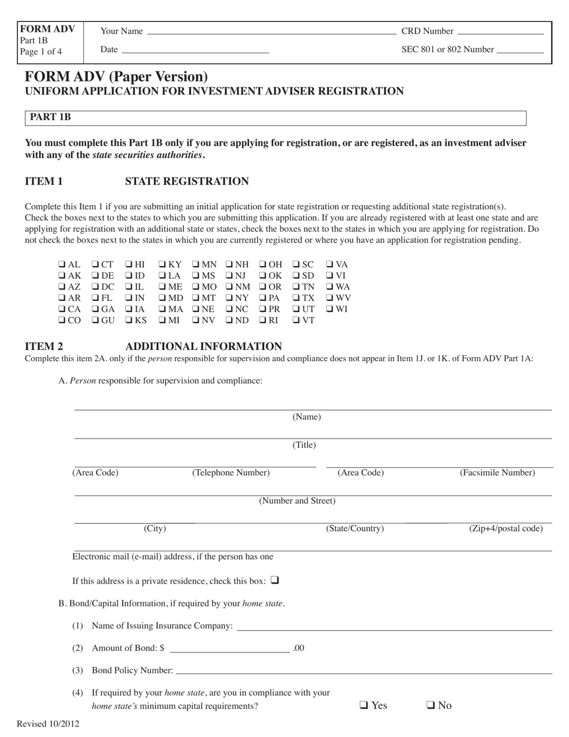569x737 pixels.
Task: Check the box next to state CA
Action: point(62,309)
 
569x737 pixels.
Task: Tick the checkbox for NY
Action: point(229,298)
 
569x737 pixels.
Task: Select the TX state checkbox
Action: point(296,298)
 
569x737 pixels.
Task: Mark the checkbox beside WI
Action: point(330,309)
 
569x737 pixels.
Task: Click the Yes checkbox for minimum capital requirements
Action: point(364,705)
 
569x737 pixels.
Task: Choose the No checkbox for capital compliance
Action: point(430,705)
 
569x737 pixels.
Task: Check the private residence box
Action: point(275,580)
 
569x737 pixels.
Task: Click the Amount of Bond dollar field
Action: point(229,648)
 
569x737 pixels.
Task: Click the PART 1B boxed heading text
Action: point(50,117)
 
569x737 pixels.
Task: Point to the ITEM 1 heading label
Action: point(44,182)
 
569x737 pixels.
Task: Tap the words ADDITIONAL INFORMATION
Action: point(204,346)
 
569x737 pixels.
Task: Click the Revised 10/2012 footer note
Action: point(48,724)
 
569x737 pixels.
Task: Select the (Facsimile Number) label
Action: point(497,473)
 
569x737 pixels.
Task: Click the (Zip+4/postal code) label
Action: point(506,528)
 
